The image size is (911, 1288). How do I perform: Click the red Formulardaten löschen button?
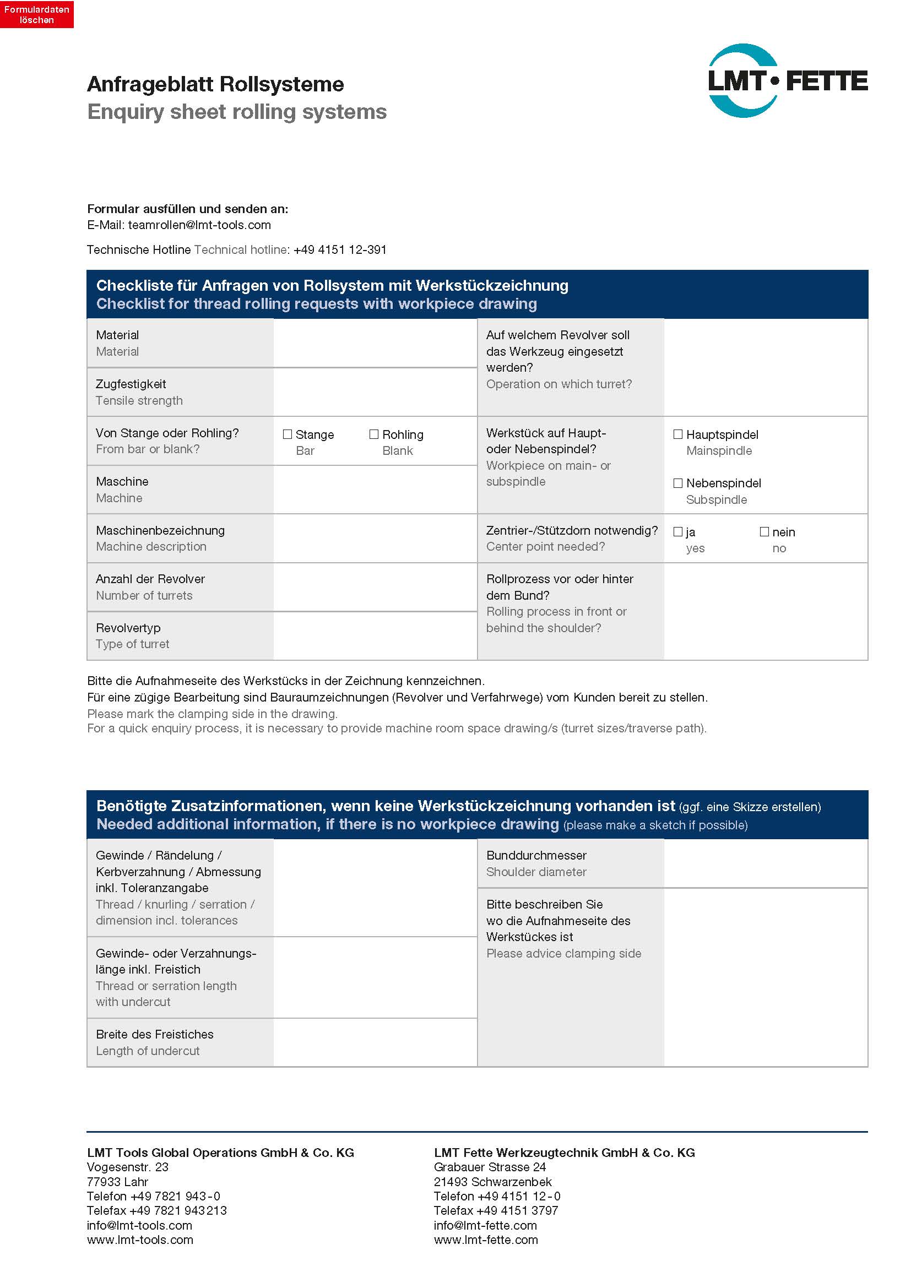36,14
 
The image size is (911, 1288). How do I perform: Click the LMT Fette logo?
787,81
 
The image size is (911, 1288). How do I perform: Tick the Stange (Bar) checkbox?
288,434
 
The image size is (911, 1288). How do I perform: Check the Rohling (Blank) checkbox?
374,434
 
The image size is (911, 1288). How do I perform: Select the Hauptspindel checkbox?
677,434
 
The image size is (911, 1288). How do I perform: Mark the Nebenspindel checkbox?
677,483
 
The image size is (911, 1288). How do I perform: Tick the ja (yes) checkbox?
677,532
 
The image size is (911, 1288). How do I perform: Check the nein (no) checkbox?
764,532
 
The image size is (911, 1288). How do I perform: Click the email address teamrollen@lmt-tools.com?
199,225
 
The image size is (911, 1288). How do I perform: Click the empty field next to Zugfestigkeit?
375,392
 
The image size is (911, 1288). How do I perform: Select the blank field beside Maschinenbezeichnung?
375,539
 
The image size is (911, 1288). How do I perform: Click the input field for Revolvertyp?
375,636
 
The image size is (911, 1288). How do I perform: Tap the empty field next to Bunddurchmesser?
765,863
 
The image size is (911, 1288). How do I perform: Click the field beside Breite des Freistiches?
375,1042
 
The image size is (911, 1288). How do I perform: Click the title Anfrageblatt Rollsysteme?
215,84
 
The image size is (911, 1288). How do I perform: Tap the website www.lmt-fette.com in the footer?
485,1240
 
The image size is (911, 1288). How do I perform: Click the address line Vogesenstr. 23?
127,1167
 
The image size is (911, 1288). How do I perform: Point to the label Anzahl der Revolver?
150,579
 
